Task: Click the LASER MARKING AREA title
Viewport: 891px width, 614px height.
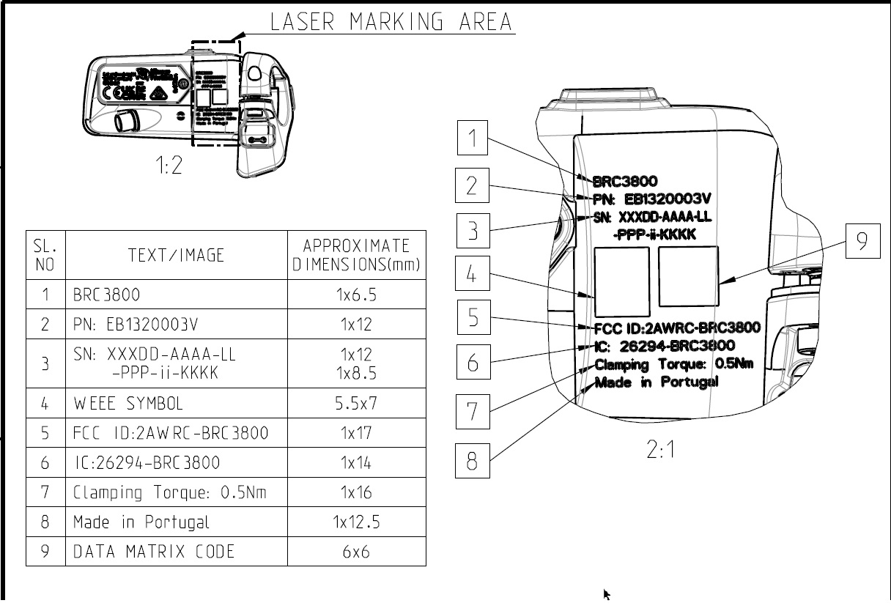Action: coord(392,22)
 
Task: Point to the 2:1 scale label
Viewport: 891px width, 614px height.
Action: coord(661,450)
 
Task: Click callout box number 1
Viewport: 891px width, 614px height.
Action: coord(473,138)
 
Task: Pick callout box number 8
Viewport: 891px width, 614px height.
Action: coord(473,461)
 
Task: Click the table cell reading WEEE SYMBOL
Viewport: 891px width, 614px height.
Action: coord(127,403)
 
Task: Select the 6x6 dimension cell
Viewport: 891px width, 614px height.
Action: coord(356,551)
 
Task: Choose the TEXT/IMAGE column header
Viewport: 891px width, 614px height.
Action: coord(176,255)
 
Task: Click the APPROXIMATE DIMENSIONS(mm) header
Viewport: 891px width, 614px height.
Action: coord(356,255)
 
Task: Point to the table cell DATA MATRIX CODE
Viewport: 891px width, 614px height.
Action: coord(154,551)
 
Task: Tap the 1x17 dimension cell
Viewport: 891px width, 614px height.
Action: coord(356,433)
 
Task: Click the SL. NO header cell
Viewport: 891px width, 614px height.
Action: coord(45,255)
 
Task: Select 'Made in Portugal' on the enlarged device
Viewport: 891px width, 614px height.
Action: coord(657,382)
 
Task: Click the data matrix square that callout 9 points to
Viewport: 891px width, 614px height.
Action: coord(688,275)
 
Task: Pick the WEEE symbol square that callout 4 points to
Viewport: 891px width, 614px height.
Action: coord(621,279)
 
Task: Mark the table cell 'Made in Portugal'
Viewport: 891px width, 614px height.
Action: coord(141,522)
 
